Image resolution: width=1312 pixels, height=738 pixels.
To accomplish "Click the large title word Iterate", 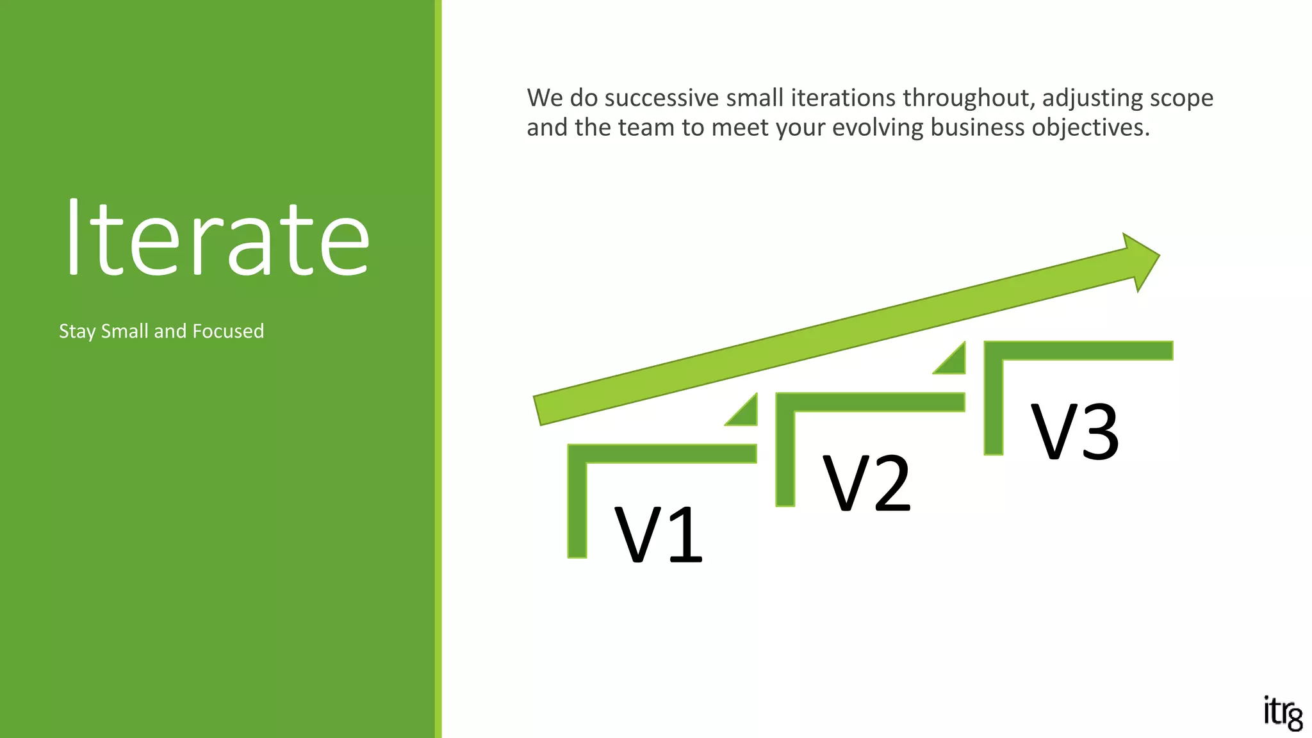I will pos(218,238).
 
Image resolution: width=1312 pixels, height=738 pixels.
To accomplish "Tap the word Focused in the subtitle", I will pos(228,331).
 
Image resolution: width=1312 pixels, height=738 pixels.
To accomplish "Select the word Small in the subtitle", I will pos(125,331).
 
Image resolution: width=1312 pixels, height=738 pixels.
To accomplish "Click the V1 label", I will pos(658,535).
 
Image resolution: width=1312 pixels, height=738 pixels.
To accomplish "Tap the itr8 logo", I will pos(1283,713).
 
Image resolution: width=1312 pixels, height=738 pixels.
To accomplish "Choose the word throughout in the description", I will pos(968,98).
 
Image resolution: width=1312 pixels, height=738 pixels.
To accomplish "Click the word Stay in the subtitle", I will pos(78,331).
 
